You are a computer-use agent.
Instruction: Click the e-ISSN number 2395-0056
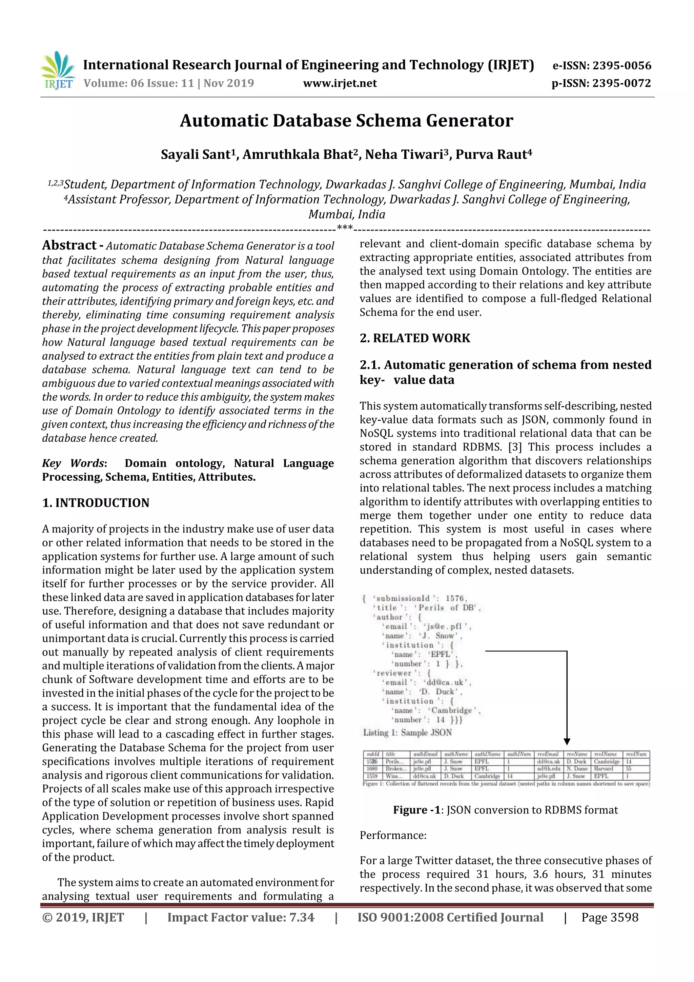621,65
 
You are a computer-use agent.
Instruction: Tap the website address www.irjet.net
340,83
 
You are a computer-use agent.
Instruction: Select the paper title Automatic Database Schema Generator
346,121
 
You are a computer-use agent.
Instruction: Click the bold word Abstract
69,245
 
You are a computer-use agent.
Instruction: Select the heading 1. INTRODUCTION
96,503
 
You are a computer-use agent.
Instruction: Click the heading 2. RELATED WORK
414,338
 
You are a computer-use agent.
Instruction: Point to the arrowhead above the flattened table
567,742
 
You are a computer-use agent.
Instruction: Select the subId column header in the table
372,754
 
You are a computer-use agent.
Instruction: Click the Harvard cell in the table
603,768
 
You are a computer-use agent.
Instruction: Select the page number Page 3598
609,917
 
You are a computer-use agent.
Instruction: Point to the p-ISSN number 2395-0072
621,83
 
